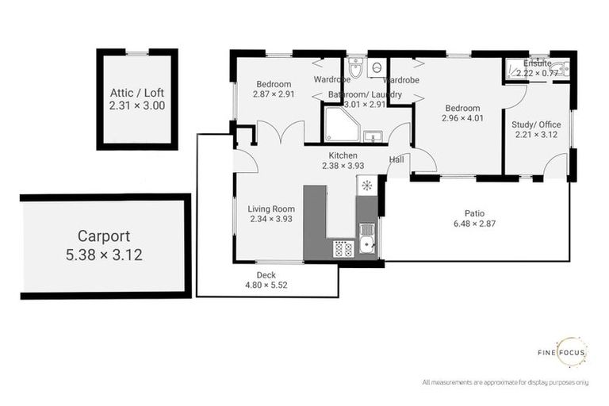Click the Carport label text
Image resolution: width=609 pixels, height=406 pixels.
coord(104,236)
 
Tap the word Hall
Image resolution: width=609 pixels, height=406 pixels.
coord(396,159)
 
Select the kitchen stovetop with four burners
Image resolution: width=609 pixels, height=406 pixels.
coord(343,249)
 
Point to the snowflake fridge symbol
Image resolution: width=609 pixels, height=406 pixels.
coord(366,186)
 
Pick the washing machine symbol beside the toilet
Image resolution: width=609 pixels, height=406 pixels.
coord(376,68)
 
